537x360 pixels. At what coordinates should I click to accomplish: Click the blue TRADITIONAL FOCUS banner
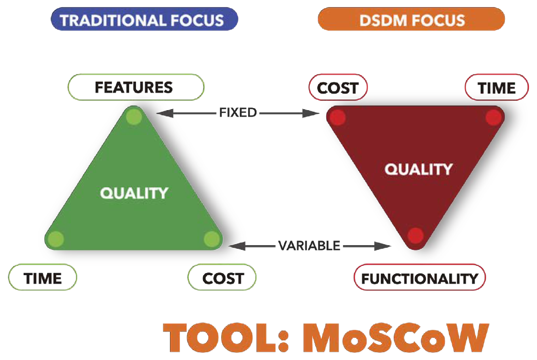coord(144,19)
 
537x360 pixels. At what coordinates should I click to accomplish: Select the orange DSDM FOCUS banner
coord(411,19)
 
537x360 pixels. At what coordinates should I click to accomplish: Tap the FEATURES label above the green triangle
coord(136,87)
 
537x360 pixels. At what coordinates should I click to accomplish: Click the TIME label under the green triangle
coord(42,277)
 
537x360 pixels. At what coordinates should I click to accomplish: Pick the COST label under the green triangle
coord(222,277)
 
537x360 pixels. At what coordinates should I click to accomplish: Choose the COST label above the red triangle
coord(338,87)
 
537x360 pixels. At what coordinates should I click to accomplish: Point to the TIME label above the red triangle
coord(497,87)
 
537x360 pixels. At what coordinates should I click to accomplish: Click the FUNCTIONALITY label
coord(420,277)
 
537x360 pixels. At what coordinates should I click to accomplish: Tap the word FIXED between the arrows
coord(238,112)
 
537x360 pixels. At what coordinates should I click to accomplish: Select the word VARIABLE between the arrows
coord(309,246)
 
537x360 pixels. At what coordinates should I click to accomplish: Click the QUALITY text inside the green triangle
coord(134,193)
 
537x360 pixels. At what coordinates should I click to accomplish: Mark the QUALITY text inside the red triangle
coord(419,169)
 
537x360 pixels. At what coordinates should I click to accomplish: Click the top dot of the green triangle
coord(134,116)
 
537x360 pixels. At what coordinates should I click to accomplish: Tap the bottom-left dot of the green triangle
coord(55,239)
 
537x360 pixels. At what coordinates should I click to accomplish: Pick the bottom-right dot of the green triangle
coord(212,239)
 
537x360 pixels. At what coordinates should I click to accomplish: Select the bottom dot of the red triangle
coord(416,235)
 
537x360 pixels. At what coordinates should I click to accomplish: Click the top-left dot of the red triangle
coord(337,117)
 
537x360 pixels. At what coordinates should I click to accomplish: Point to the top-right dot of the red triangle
coord(494,117)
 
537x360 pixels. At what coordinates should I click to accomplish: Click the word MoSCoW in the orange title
coord(395,338)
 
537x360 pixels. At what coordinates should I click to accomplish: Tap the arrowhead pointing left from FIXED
coord(165,113)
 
